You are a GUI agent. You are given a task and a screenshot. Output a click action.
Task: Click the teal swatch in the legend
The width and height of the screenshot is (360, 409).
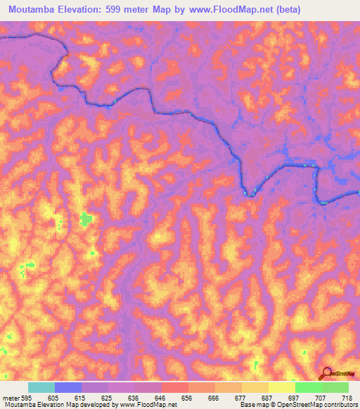point(41,387)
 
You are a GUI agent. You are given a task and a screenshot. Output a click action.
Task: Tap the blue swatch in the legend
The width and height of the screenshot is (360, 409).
point(68,387)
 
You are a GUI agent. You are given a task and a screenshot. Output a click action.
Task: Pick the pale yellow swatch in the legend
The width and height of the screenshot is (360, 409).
point(282,387)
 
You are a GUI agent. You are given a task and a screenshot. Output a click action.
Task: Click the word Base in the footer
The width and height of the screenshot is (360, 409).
point(246,405)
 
